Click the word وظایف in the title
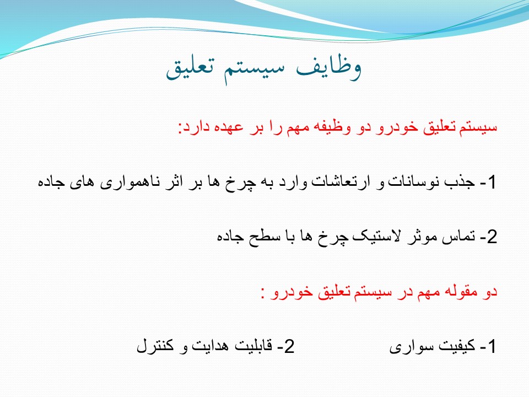point(329,67)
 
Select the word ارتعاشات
point(341,181)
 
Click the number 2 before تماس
point(492,237)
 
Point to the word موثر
point(423,236)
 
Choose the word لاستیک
point(375,236)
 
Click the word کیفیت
point(456,346)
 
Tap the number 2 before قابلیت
point(289,346)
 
